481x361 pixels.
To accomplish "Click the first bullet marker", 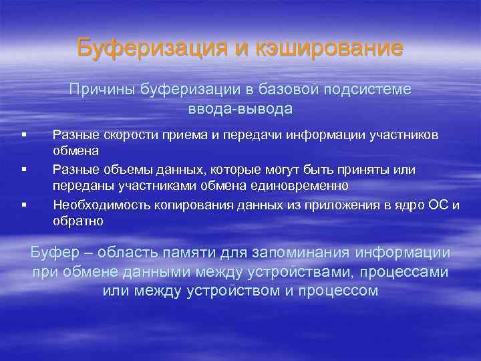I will coord(23,135).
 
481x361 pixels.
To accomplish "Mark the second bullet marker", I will coord(23,170).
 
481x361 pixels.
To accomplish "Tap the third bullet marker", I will coord(23,205).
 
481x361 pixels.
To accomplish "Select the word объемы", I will coord(118,170).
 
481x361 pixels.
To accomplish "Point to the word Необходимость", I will coord(94,205).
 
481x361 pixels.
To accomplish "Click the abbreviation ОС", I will coord(438,205).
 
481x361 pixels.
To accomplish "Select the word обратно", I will coord(78,221).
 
